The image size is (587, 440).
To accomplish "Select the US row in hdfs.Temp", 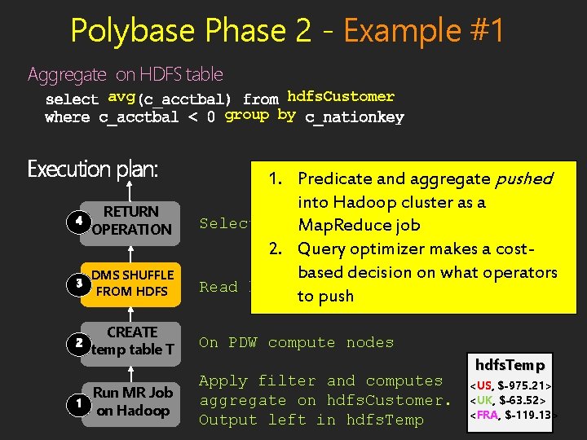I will (x=514, y=385).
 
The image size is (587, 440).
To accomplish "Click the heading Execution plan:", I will (x=93, y=169).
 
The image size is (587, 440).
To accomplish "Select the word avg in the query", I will (x=121, y=98).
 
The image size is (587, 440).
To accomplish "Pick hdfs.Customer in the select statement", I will (x=341, y=97).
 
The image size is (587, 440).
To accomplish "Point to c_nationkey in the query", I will (x=354, y=117).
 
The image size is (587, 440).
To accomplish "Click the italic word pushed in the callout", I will (x=523, y=178).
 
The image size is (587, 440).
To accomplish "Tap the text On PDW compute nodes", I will (x=296, y=343).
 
